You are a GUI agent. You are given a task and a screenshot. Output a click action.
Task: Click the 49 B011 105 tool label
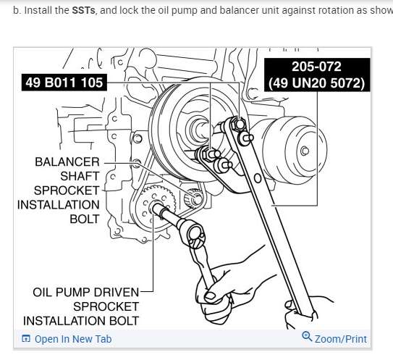[x=64, y=83]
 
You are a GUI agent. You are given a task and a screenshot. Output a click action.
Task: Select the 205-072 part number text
[x=316, y=67]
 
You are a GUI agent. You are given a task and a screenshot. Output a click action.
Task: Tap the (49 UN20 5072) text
[x=316, y=83]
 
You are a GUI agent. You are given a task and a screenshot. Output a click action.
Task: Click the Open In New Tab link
[x=73, y=339]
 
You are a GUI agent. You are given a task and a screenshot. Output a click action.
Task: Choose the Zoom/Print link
[x=341, y=339]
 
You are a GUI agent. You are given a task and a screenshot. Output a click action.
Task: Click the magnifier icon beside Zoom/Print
[x=307, y=336]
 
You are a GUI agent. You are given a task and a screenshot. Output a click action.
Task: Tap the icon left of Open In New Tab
[x=26, y=339]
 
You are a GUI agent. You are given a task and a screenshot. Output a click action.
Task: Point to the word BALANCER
[x=67, y=162]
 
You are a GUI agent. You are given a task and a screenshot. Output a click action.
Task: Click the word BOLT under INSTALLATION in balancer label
[x=85, y=219]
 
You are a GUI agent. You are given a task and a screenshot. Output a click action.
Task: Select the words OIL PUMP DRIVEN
[x=85, y=292]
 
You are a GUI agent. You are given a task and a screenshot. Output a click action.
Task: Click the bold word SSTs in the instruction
[x=83, y=10]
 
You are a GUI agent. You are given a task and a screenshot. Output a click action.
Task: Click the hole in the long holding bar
[x=258, y=178]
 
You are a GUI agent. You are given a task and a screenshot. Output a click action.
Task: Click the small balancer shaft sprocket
[x=195, y=198]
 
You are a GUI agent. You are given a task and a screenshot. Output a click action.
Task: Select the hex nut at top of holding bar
[x=237, y=124]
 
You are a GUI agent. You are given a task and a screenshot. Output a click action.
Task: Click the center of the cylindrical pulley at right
[x=305, y=151]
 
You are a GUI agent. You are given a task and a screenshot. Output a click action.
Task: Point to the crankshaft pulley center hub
[x=199, y=130]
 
